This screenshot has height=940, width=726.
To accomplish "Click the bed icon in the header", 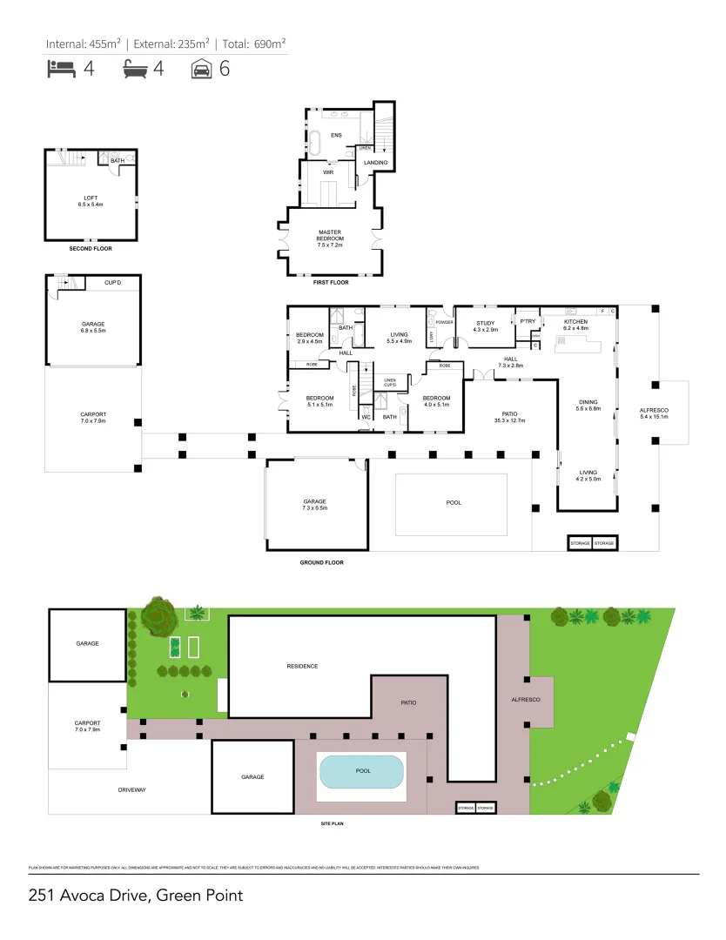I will click(60, 70).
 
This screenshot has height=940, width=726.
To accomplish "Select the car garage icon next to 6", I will click(201, 70).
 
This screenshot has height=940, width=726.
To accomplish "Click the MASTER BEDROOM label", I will click(330, 238).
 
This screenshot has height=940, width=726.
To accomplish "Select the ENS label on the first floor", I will click(336, 135).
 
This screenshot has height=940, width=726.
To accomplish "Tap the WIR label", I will click(330, 172).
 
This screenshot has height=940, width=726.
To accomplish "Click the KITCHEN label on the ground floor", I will click(575, 321).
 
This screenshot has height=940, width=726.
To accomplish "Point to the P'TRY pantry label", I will click(527, 321).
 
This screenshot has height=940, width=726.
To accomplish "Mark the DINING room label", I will click(589, 403).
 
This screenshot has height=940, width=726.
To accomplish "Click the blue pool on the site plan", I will click(361, 771).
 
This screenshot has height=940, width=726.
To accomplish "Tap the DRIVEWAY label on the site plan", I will click(131, 790).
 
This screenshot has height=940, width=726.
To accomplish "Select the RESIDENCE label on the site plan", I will click(302, 666).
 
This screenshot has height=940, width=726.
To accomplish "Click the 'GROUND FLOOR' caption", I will click(321, 562).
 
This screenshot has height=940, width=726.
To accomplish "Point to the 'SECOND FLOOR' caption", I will click(91, 249).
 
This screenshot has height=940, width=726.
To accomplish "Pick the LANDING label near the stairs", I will click(375, 163).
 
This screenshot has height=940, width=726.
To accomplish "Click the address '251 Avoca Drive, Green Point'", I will click(135, 895).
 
